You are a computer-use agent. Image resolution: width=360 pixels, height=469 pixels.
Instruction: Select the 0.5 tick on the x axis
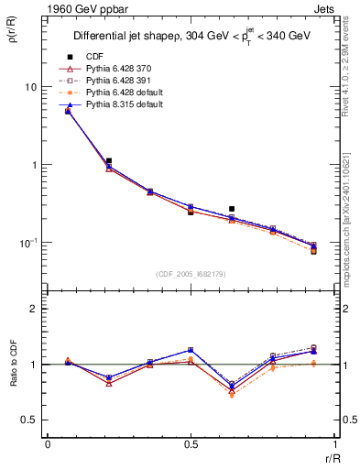(191, 445)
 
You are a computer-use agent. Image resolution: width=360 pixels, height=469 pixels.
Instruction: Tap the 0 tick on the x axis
(48, 445)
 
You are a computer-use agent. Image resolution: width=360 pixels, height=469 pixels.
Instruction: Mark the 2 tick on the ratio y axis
(36, 310)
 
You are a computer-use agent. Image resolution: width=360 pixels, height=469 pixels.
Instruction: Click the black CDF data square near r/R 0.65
(232, 209)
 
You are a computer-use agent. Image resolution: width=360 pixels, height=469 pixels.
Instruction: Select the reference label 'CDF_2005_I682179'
(191, 274)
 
